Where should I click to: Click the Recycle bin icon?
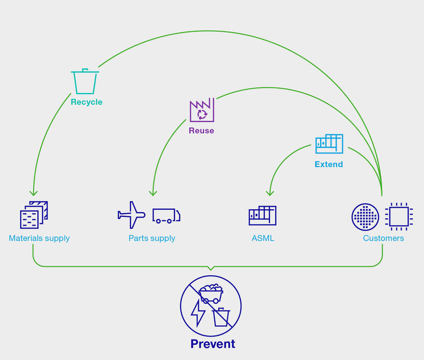pos(85,81)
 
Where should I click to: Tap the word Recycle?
pos(86,102)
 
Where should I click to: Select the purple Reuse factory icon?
pos(202,109)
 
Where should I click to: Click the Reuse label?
pos(202,130)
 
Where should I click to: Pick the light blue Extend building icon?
pos(329,144)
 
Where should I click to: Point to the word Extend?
pos(329,164)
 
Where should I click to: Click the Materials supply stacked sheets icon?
pos(34,214)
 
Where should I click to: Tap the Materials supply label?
pos(39,238)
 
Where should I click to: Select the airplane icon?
pos(131,215)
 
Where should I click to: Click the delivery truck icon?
pos(166,215)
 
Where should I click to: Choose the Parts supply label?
pos(152,238)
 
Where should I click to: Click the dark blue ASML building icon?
pos(262,215)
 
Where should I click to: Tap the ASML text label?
pos(263,238)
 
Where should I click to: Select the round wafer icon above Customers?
pos(365,217)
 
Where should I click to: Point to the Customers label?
pos(384,238)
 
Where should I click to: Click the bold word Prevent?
pos(213,344)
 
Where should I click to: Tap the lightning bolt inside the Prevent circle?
pos(197,312)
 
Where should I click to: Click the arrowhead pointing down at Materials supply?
pos(33,193)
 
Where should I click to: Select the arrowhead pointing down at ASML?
pos(270,193)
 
